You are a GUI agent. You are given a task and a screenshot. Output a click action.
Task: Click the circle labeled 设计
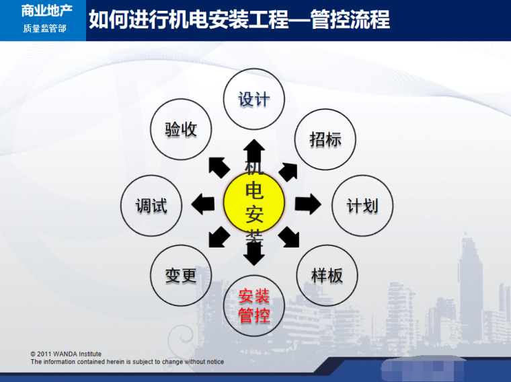(254, 99)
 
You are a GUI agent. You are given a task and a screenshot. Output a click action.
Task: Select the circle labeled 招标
(325, 139)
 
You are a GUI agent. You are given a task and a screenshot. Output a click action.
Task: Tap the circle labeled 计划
(362, 205)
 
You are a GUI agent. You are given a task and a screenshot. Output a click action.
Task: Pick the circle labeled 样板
(327, 274)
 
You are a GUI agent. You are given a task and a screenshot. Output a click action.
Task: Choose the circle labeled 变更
(180, 274)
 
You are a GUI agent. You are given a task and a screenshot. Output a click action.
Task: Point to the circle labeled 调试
(151, 205)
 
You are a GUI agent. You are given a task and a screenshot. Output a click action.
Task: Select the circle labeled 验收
(181, 129)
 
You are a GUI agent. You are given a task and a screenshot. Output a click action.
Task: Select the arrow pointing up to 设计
(254, 149)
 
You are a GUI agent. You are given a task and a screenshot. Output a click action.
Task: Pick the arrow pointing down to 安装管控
(254, 253)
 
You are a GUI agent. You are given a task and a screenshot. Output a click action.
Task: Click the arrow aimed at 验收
(218, 166)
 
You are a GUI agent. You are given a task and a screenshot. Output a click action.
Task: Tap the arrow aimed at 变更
(219, 237)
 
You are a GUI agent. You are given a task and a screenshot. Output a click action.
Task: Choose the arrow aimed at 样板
(289, 236)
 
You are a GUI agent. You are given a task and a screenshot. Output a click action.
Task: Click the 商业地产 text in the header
(44, 11)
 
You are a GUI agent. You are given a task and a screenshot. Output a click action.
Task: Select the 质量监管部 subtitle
(44, 28)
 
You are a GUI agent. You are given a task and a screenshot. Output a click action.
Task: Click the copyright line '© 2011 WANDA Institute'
(66, 354)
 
